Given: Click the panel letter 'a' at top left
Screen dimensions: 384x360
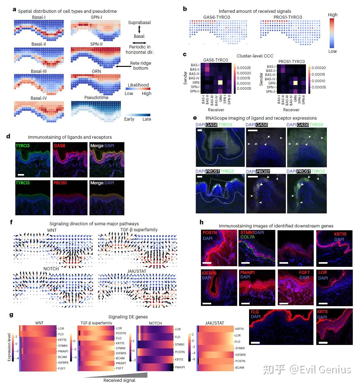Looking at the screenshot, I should click(x=14, y=9).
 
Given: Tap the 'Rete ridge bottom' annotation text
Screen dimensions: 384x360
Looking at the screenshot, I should click(x=140, y=66).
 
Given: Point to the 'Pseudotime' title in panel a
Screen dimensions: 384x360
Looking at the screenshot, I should click(x=96, y=97).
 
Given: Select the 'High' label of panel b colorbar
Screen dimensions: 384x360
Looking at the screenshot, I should click(x=332, y=15).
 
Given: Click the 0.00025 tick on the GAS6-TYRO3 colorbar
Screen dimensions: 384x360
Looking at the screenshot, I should click(x=243, y=68).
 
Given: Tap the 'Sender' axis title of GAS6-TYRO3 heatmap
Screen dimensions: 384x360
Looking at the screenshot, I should click(x=185, y=78).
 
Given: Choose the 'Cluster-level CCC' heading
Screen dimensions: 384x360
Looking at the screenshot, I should click(x=255, y=56).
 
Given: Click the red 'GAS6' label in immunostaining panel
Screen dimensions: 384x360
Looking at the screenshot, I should click(x=59, y=146).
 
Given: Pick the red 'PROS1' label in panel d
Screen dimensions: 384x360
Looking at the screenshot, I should click(x=60, y=183).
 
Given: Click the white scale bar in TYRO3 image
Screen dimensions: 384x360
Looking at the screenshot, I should click(x=21, y=174).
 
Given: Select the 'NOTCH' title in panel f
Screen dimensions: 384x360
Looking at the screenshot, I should click(x=51, y=269).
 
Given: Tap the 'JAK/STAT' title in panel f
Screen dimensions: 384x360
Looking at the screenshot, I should click(x=137, y=271).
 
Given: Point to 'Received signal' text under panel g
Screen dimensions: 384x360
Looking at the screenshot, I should click(x=119, y=380).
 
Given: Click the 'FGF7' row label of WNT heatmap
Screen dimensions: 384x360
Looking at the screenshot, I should click(x=62, y=369).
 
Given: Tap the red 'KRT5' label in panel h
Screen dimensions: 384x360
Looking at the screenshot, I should click(x=322, y=312).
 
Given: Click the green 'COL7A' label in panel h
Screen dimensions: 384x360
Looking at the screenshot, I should click(x=247, y=237).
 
